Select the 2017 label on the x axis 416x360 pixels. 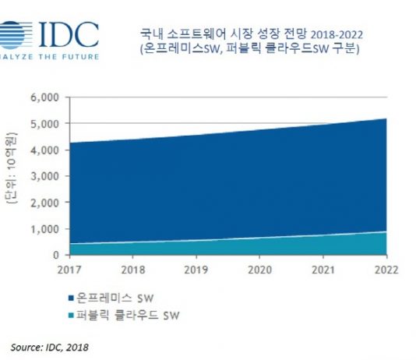[x=70, y=270]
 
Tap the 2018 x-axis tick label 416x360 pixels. [x=133, y=270]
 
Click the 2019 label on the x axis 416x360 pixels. [x=196, y=270]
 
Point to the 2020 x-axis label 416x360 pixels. [x=259, y=270]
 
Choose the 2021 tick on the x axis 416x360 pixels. [x=323, y=270]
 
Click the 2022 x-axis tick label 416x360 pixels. [x=385, y=270]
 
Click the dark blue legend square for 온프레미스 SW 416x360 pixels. [x=72, y=298]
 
